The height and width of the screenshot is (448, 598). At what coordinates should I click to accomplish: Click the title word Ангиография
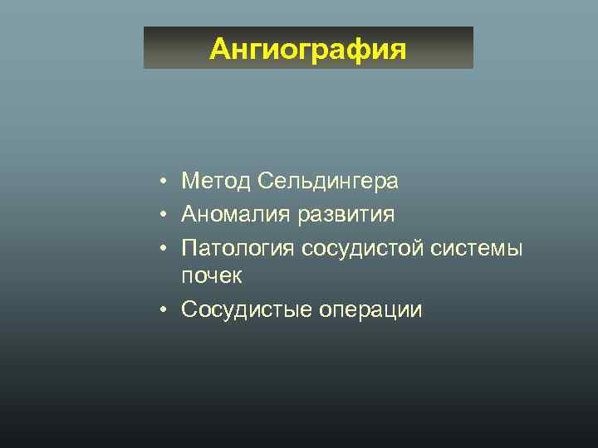click(x=308, y=50)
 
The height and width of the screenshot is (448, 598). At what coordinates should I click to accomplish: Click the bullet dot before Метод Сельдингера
click(x=166, y=181)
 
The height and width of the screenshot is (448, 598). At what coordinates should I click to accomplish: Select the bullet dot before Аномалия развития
click(x=166, y=216)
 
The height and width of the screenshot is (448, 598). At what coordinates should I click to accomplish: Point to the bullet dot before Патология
click(x=166, y=249)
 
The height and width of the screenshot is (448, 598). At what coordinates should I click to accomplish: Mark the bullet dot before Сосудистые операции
click(x=166, y=310)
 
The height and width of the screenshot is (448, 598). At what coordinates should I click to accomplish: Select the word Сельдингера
click(x=328, y=181)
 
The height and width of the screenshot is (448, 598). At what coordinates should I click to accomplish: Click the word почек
click(x=212, y=276)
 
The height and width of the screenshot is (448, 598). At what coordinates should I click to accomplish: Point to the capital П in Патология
click(x=189, y=249)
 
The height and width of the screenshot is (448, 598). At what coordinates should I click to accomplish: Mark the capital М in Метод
click(x=191, y=181)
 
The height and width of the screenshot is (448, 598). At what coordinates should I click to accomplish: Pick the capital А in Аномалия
click(x=190, y=215)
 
